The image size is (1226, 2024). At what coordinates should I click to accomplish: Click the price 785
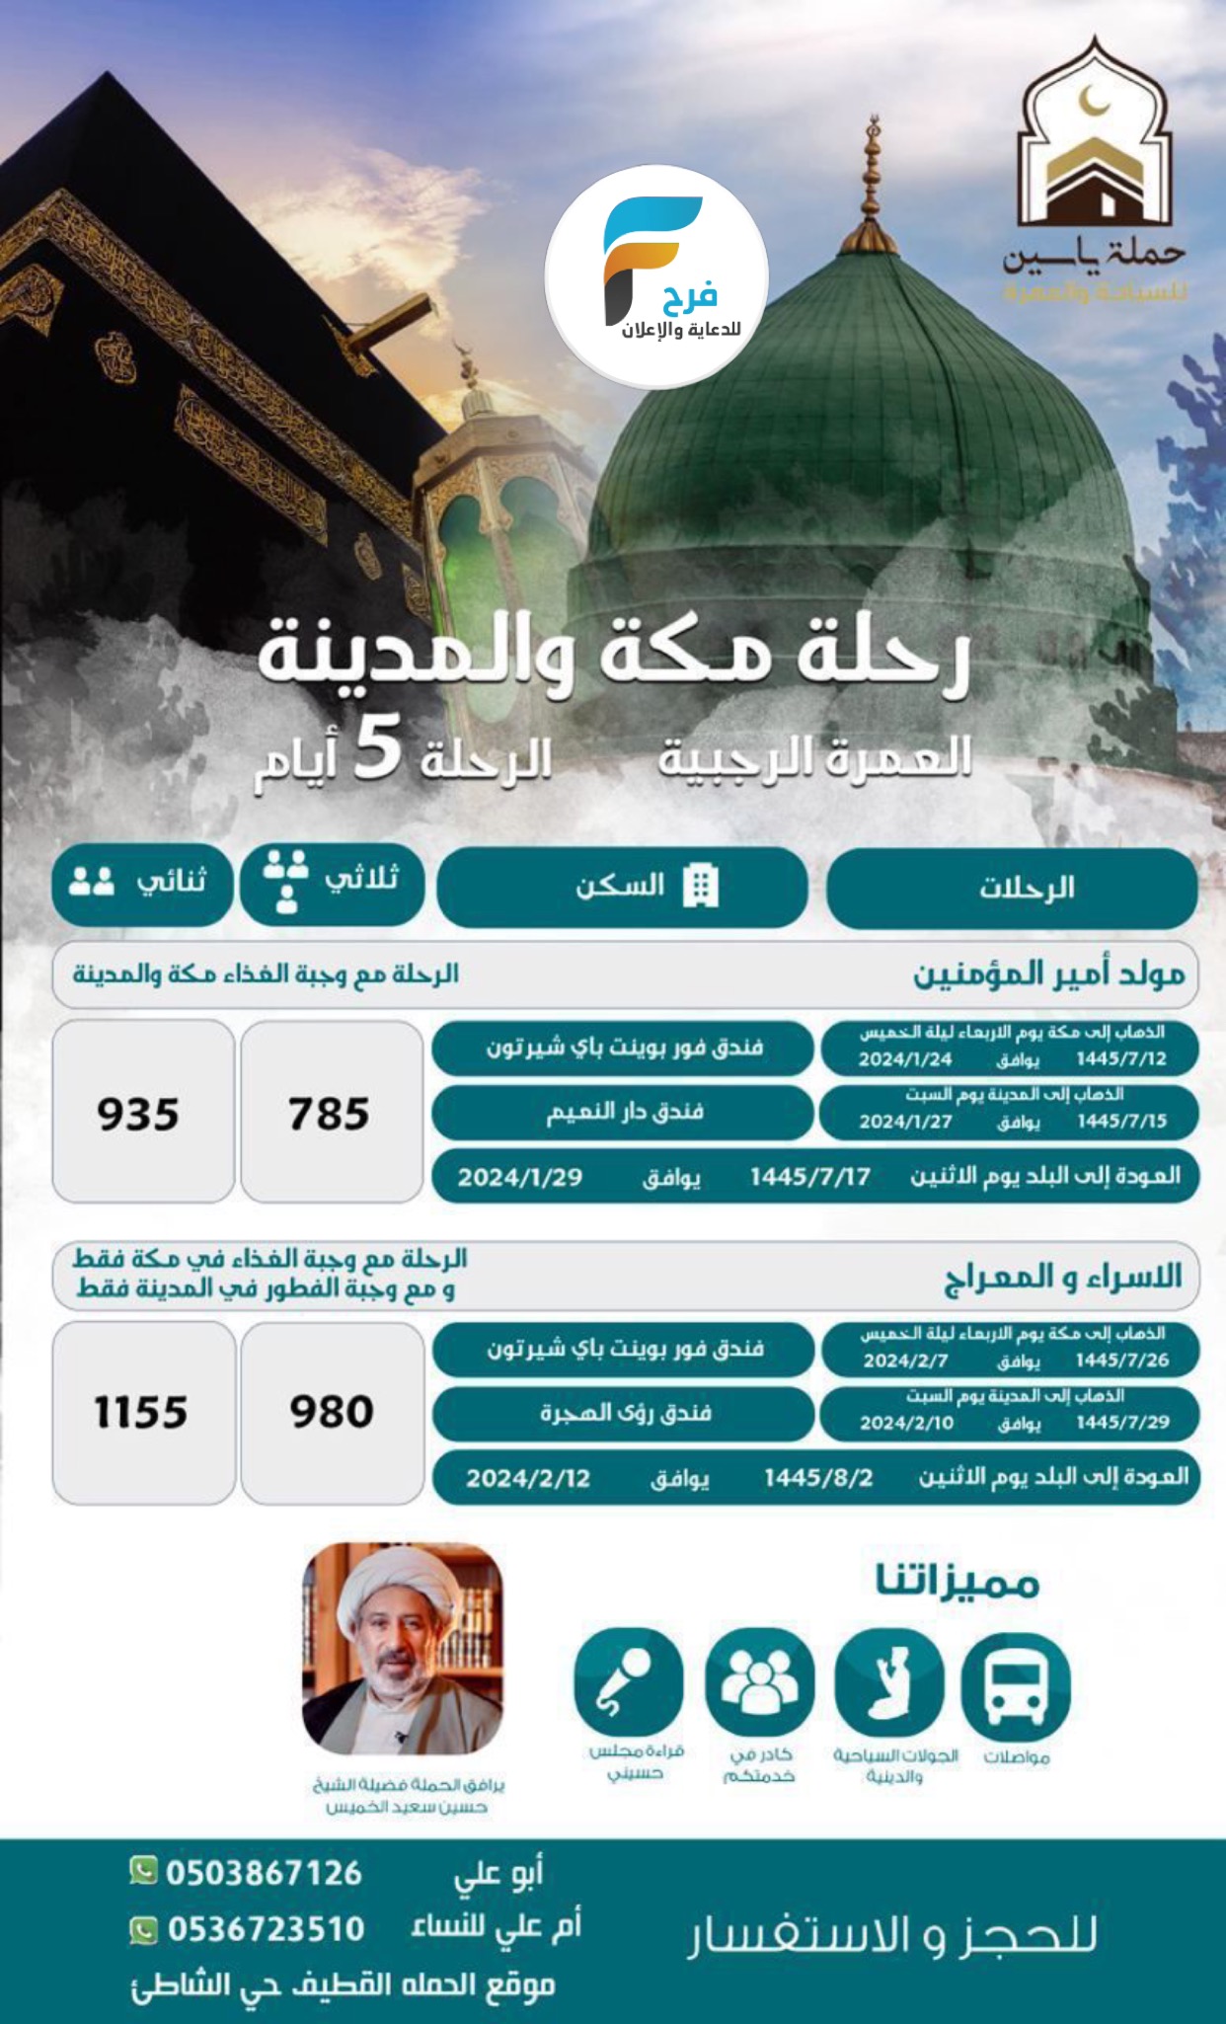(x=330, y=1114)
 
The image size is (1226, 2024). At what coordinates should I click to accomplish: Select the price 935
(x=138, y=1114)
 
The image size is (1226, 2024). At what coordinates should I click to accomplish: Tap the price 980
(x=332, y=1412)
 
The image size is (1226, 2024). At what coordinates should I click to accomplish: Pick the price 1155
(x=141, y=1412)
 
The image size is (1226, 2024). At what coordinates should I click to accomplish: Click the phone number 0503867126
(x=264, y=1873)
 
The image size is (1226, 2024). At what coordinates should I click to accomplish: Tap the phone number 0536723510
(x=266, y=1928)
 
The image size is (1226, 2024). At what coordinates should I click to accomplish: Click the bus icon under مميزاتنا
(x=1016, y=1684)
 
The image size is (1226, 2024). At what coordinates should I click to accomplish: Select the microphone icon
(x=628, y=1682)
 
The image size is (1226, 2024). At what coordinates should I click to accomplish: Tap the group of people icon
(x=759, y=1682)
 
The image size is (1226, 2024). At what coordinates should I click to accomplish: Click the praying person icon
(x=888, y=1682)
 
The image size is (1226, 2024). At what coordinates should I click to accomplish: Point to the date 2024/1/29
(x=520, y=1177)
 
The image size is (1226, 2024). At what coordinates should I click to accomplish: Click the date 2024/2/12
(x=528, y=1478)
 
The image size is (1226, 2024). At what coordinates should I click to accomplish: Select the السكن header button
(x=622, y=887)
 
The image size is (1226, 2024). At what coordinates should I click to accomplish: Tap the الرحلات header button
(x=1012, y=888)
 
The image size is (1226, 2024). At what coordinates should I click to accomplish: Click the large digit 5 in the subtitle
(x=378, y=750)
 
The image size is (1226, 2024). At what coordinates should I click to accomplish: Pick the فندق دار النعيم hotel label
(x=624, y=1112)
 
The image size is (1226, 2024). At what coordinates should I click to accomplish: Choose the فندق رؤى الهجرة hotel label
(x=625, y=1413)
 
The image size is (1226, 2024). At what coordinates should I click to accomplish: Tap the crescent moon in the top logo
(x=1092, y=101)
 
